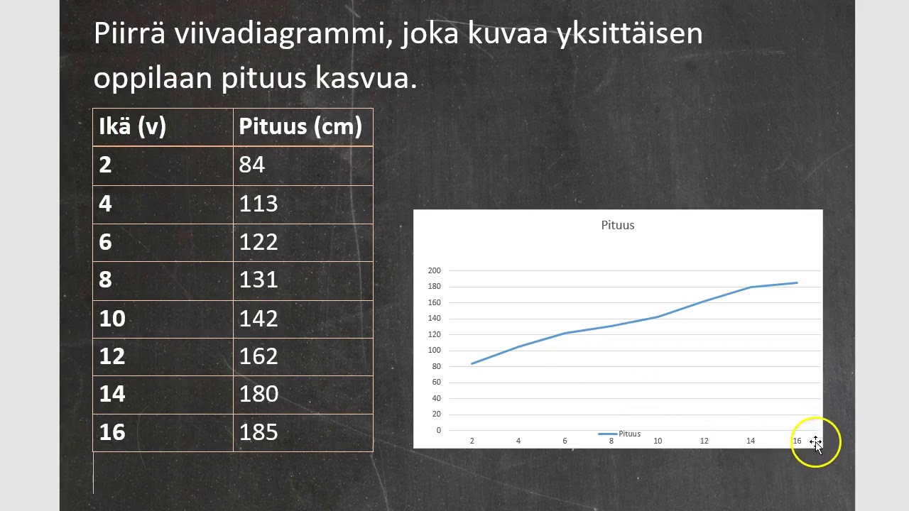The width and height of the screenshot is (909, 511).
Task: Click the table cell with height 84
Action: [303, 165]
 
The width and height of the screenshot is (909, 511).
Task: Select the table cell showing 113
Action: [303, 204]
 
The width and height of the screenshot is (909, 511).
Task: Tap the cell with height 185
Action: [303, 432]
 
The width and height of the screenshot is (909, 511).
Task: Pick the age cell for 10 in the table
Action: [163, 319]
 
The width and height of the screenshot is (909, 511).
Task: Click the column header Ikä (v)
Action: [163, 127]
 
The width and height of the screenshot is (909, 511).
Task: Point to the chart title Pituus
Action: [618, 225]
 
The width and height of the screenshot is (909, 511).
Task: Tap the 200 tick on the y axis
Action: [434, 270]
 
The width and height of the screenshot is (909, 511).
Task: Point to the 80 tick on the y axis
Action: [435, 366]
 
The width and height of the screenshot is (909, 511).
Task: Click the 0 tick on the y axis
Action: [438, 430]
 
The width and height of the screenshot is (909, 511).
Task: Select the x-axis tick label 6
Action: [565, 441]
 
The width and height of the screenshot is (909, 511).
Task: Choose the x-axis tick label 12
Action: [704, 441]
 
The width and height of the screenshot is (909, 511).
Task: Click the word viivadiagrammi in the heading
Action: [284, 34]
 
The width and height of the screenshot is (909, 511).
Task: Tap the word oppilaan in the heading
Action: [153, 78]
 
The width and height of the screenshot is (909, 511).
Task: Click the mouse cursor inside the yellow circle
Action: [816, 444]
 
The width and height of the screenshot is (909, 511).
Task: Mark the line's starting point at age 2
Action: [472, 363]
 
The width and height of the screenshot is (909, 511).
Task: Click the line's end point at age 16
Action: [797, 283]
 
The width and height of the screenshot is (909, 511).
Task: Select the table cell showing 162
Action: [303, 356]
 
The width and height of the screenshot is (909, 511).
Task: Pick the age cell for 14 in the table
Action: [163, 395]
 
